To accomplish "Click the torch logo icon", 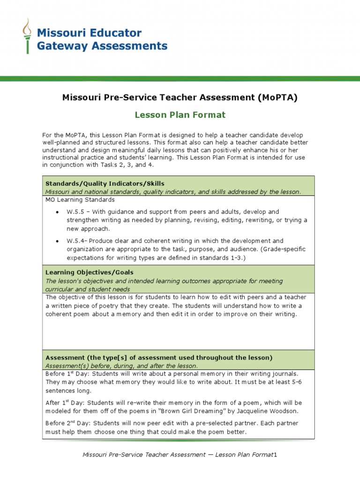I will (28, 36).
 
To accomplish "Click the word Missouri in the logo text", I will (59, 33).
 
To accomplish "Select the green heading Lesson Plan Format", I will (180, 115).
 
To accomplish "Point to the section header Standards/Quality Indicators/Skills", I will (105, 183).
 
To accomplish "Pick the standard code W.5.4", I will (75, 241).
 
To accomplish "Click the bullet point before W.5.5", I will (57, 212).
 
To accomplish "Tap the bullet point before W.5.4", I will (57, 241).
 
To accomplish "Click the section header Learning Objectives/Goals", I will (89, 272).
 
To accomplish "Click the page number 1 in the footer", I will (276, 455).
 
